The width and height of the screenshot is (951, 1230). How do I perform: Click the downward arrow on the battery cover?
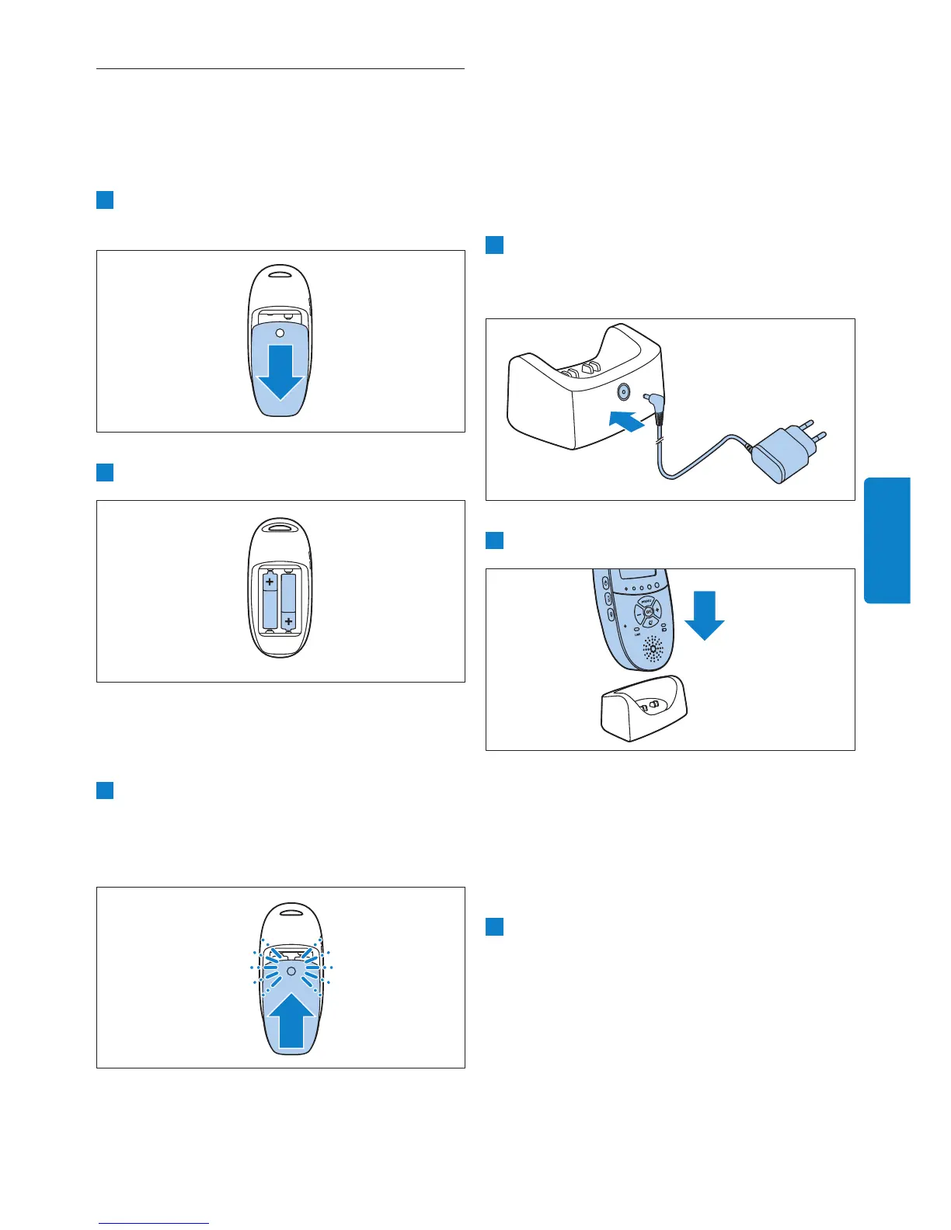coord(280,371)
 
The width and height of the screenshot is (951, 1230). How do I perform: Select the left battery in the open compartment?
coord(270,599)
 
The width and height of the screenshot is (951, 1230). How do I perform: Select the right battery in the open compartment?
coord(289,601)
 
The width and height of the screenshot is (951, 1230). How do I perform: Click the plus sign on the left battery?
coord(270,581)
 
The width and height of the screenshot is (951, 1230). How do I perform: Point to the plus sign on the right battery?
coord(289,621)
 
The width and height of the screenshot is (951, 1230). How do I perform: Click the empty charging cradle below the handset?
coord(643,707)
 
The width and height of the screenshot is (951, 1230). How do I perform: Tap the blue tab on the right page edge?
coord(887,540)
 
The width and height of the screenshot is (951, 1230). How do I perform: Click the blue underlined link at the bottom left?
coord(154,1223)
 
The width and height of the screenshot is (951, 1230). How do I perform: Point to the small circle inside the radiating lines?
coord(290,971)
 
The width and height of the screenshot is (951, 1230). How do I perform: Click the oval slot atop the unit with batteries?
coord(280,526)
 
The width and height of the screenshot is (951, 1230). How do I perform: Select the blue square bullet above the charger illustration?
coord(494,245)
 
